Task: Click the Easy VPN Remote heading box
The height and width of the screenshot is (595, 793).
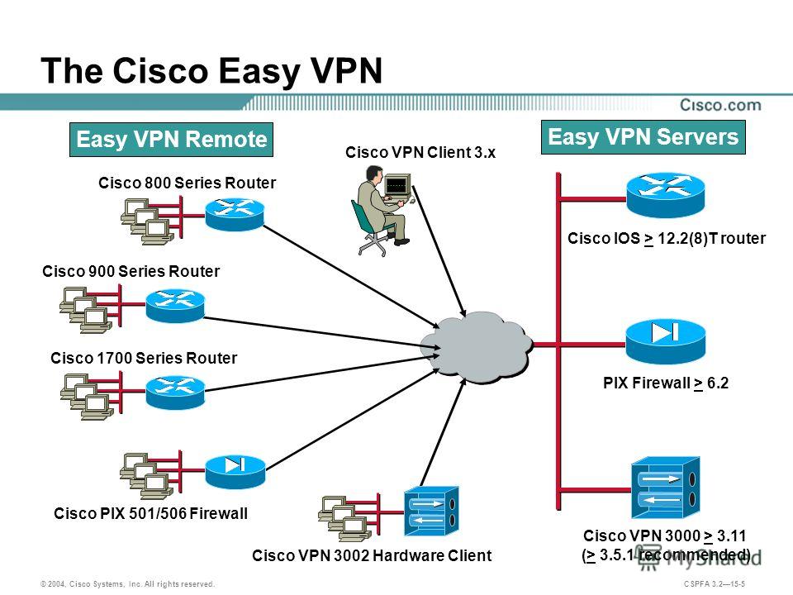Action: point(171,139)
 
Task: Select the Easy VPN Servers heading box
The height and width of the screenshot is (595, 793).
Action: point(643,137)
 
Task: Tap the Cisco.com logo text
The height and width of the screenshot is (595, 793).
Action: point(720,105)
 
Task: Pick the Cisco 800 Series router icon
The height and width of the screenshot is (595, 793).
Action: point(235,215)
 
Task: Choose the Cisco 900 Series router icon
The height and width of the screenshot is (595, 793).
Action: point(175,306)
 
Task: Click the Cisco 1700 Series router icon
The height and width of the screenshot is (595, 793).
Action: point(175,392)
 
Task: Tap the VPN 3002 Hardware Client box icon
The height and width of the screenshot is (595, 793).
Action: point(431,511)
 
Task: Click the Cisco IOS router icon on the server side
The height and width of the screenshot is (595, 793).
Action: point(665,195)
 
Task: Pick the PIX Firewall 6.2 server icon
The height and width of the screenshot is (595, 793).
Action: point(665,341)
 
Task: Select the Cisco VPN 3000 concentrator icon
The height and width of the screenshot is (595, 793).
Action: point(666,488)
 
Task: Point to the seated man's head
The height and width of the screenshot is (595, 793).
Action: point(373,174)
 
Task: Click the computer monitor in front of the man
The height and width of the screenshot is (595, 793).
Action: point(397,186)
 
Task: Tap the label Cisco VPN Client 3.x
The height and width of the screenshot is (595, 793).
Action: point(420,152)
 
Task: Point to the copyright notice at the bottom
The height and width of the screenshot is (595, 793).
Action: point(128,584)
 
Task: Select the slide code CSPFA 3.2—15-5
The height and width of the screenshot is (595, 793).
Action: point(714,584)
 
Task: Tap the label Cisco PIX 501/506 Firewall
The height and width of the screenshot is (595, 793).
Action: point(150,513)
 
